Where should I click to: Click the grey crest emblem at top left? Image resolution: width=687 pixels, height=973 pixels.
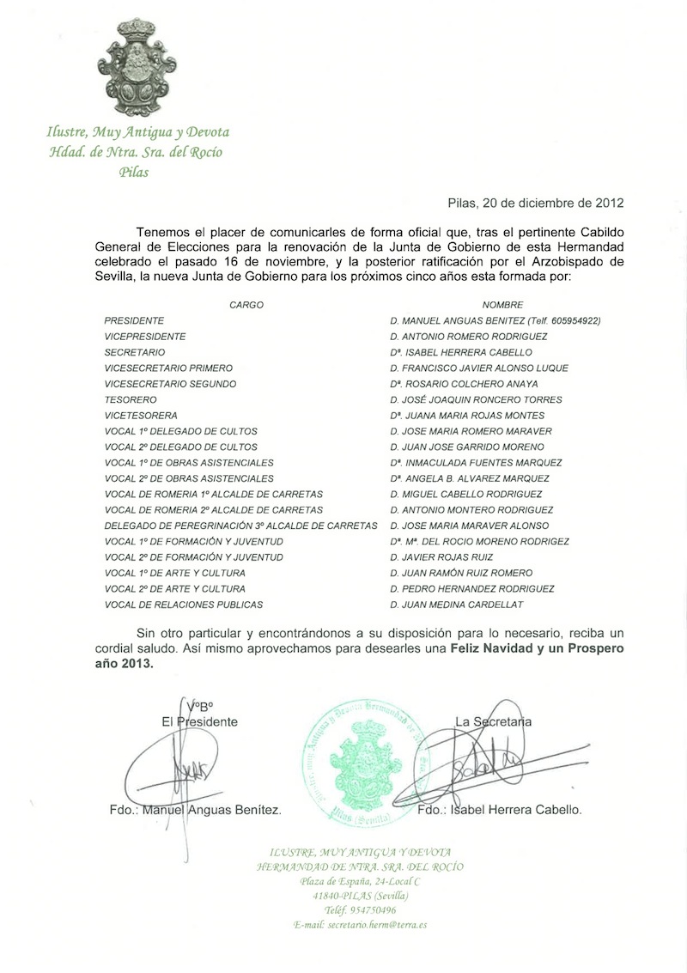tap(137, 67)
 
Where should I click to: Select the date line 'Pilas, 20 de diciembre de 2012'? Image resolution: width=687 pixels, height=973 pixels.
tap(535, 204)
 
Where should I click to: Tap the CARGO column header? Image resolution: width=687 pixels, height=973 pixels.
tap(246, 305)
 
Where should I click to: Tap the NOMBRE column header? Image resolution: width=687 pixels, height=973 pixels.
tap(502, 305)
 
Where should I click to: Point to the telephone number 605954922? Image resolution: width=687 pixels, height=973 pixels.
tap(572, 321)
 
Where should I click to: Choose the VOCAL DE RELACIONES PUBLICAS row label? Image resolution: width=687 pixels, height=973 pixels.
tap(183, 605)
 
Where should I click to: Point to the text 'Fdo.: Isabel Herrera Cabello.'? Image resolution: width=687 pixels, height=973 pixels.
tap(498, 810)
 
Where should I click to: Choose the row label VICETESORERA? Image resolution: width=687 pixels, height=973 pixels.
tap(140, 415)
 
